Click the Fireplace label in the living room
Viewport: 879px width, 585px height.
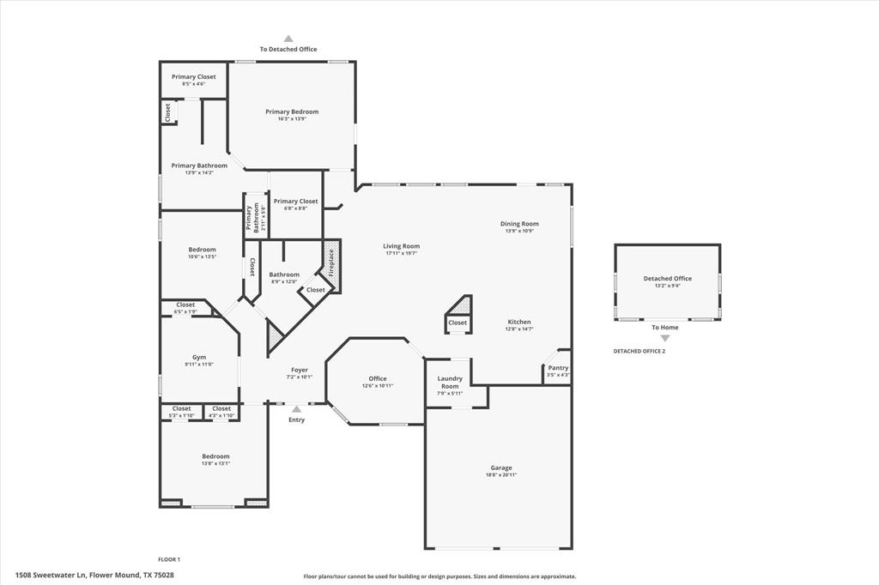click(x=330, y=265)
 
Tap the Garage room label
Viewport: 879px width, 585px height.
click(x=501, y=467)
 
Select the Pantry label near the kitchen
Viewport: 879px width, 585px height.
click(x=558, y=367)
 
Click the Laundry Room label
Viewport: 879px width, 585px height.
click(x=450, y=382)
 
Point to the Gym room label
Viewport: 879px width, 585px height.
click(x=198, y=357)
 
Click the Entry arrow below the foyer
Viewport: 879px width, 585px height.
click(x=296, y=409)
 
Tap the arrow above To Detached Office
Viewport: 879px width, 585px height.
click(x=288, y=39)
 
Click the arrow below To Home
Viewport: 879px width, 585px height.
click(x=664, y=338)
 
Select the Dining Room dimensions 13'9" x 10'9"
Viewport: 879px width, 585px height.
click(x=518, y=231)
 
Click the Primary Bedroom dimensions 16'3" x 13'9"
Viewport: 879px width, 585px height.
click(x=292, y=119)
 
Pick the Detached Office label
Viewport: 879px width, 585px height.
click(x=667, y=278)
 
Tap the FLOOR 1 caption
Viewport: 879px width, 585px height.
click(x=169, y=559)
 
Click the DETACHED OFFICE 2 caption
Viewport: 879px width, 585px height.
click(x=639, y=351)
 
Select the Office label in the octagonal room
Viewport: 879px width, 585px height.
click(x=378, y=378)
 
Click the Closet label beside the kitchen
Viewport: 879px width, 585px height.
click(x=458, y=323)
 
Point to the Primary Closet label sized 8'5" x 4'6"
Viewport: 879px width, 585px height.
click(x=193, y=76)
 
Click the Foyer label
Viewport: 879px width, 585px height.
click(x=299, y=370)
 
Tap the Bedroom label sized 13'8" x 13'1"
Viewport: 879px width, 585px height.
click(x=215, y=456)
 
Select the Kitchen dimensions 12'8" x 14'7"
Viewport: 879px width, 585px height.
click(x=518, y=329)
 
